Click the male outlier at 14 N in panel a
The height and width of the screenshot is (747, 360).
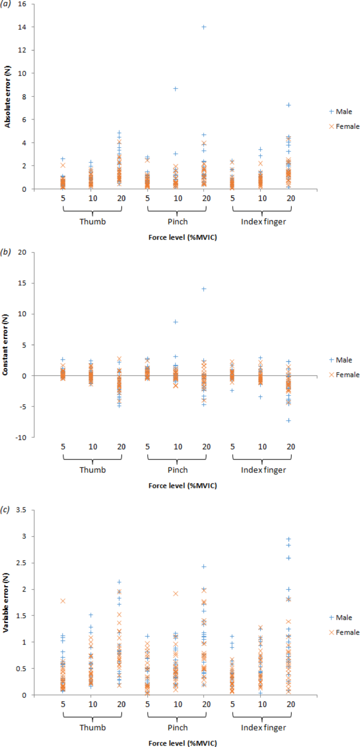pyautogui.click(x=204, y=27)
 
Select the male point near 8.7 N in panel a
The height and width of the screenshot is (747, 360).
pyautogui.click(x=176, y=89)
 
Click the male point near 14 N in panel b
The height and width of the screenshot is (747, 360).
pyautogui.click(x=204, y=289)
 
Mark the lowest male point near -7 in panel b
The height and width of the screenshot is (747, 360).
pyautogui.click(x=289, y=421)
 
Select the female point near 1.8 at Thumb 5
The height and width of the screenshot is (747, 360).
pyautogui.click(x=63, y=601)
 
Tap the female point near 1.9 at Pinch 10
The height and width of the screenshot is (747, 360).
pyautogui.click(x=176, y=593)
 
